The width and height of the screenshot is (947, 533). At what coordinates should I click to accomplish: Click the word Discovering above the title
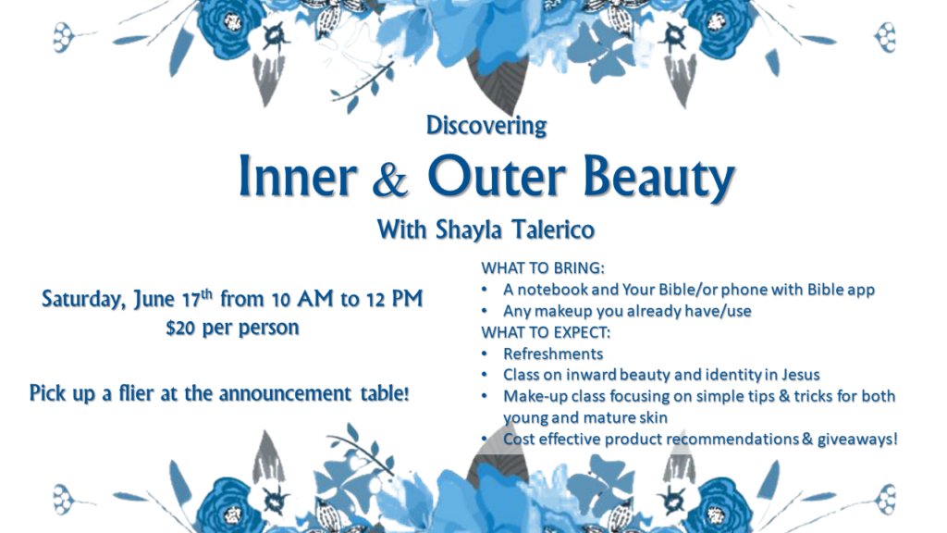(486, 126)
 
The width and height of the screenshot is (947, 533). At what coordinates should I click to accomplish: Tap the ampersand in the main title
(390, 180)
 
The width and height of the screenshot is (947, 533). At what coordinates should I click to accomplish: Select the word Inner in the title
(297, 176)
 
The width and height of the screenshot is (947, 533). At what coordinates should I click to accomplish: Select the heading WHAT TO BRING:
(542, 267)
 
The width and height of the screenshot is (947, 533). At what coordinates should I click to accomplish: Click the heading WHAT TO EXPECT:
(546, 332)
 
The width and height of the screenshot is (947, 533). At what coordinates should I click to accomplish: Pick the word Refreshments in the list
(553, 353)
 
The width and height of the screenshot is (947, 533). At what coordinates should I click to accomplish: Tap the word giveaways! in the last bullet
(857, 440)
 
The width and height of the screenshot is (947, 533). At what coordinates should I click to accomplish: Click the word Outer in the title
(497, 176)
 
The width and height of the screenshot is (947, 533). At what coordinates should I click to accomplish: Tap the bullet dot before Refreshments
(485, 353)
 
